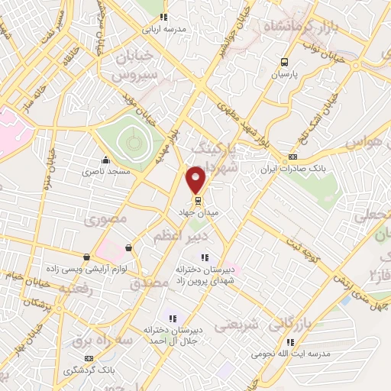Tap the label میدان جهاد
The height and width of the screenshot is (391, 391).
tap(198, 213)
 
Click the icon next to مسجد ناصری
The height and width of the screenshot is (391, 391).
tap(105, 161)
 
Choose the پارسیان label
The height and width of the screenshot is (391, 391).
tap(284, 76)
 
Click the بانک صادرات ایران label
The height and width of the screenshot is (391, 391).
tap(292, 170)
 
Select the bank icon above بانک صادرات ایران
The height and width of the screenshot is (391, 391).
tap(292, 157)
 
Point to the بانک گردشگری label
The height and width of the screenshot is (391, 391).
tap(90, 370)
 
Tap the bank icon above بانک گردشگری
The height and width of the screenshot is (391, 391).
tap(90, 357)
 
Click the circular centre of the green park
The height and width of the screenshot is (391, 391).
tap(134, 141)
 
